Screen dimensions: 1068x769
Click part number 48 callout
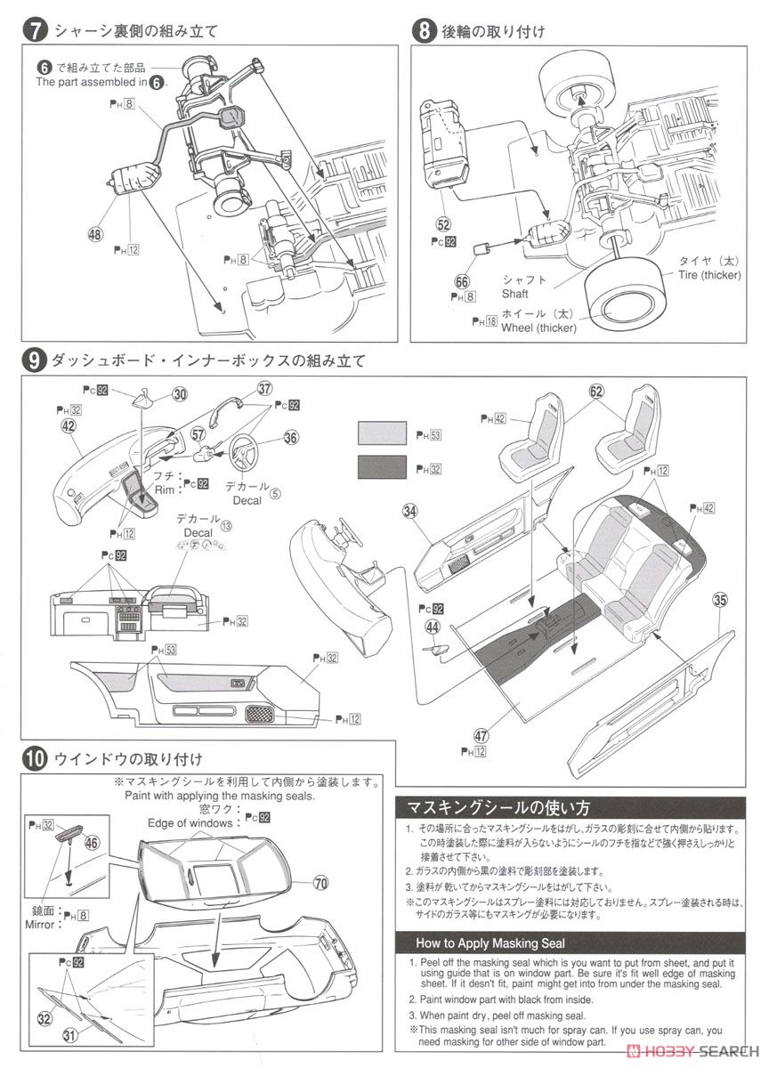pyautogui.click(x=95, y=235)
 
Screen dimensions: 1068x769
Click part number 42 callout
pyautogui.click(x=68, y=425)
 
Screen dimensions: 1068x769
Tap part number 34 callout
pyautogui.click(x=409, y=510)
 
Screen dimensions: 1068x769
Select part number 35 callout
pyautogui.click(x=719, y=600)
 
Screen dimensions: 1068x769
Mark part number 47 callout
pyautogui.click(x=482, y=735)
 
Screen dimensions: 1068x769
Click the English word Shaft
pyautogui.click(x=515, y=294)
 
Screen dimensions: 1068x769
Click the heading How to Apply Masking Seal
pyautogui.click(x=490, y=943)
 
